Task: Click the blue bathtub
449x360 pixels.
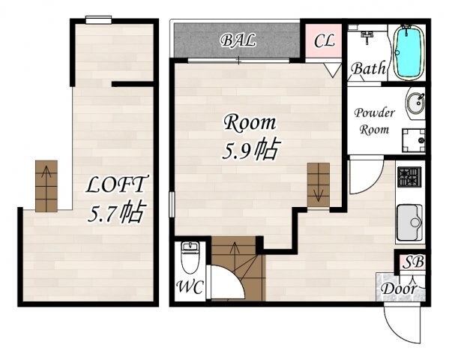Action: tap(408, 52)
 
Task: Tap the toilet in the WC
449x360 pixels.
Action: tap(190, 258)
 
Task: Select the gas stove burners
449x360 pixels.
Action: tap(409, 177)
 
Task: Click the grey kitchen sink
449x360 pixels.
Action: tap(409, 223)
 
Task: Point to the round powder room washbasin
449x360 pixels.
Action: tap(415, 103)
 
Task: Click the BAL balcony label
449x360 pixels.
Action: tap(238, 40)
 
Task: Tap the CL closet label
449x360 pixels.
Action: tap(324, 40)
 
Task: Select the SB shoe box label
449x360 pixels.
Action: tap(413, 262)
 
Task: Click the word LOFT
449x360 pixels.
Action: tap(116, 184)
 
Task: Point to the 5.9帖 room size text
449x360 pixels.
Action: tap(250, 150)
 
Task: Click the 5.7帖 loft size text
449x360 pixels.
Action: tap(117, 213)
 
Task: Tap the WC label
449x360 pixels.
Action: tap(190, 286)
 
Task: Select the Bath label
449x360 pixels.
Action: tap(369, 68)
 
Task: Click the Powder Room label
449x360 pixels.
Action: tap(374, 121)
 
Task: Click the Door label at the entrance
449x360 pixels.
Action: tap(399, 288)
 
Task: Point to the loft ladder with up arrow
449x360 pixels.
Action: tap(46, 186)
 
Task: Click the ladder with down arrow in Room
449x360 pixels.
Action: tap(319, 184)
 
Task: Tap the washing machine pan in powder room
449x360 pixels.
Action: tap(413, 140)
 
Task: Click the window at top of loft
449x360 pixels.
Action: tap(98, 20)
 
